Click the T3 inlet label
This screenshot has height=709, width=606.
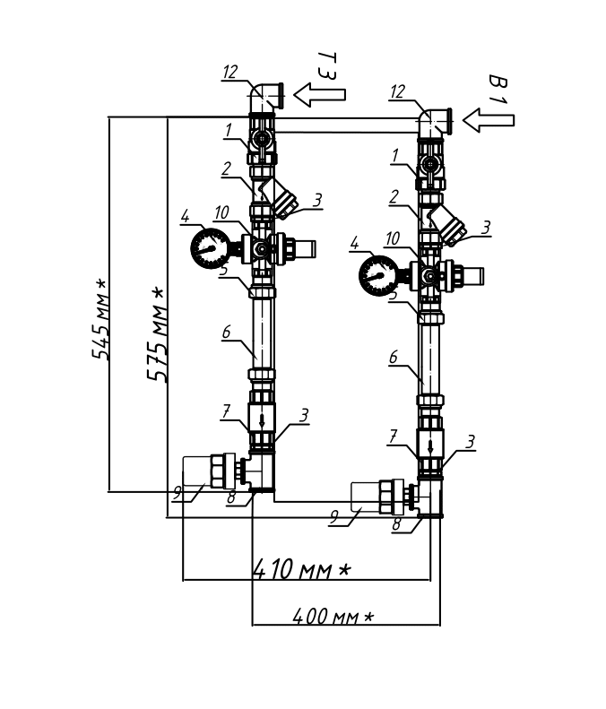point(327,66)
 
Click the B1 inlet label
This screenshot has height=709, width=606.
point(498,89)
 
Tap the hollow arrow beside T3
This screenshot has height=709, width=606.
point(320,94)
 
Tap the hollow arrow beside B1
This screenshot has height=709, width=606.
point(489,120)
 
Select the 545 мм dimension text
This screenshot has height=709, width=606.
point(100,319)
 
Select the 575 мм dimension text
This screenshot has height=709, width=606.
point(156,333)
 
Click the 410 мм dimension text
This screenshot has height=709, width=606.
point(301,569)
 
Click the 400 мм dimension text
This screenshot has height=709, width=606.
point(333,616)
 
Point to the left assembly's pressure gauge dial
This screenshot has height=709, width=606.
point(211,248)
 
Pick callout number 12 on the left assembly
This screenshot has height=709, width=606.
point(230,72)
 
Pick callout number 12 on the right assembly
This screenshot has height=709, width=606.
point(397,91)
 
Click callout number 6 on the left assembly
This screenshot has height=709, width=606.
point(226,333)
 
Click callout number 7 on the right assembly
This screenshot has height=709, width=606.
point(393,437)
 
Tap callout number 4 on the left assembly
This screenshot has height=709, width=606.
point(185,216)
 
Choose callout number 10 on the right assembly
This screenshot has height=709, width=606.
point(393,238)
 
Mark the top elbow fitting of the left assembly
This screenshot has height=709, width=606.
point(265,98)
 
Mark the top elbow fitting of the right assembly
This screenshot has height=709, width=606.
point(433,123)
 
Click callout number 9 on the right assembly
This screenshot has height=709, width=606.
point(334,516)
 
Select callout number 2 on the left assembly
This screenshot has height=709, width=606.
point(226,169)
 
